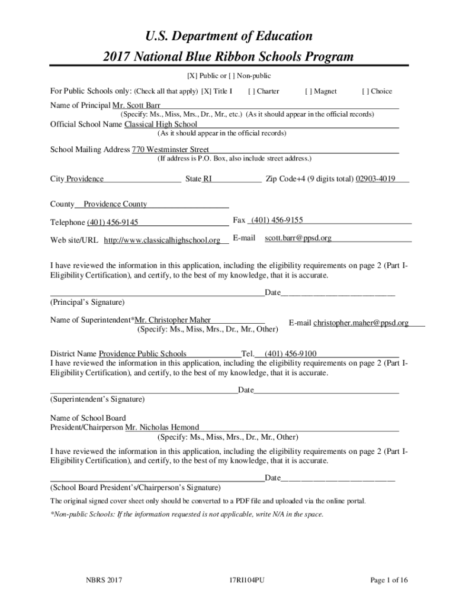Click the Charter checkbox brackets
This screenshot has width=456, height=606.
[252, 91]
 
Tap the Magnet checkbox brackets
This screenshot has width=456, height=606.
[308, 91]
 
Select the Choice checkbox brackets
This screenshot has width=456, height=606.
[365, 91]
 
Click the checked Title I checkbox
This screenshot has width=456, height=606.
[207, 91]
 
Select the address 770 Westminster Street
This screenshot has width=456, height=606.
[171, 149]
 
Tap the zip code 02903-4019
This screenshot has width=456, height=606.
[375, 179]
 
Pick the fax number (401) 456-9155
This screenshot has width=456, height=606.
[277, 220]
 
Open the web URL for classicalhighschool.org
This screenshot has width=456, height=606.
[162, 240]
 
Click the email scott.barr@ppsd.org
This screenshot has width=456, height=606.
[298, 238]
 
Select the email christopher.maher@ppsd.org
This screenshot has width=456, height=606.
[361, 323]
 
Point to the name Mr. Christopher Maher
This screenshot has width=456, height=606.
[173, 320]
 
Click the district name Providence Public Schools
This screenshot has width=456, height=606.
[142, 354]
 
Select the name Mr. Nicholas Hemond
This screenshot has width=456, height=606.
[162, 427]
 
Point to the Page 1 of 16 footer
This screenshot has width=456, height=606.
[389, 581]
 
